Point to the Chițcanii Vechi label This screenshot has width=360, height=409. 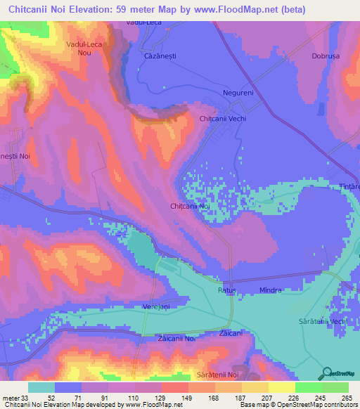[223, 119]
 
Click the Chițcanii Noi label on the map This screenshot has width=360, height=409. [191, 206]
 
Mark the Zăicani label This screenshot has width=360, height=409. [231, 332]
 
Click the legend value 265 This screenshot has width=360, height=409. [345, 398]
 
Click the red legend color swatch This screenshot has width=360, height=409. [174, 387]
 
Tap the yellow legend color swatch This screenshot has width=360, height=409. [281, 387]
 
